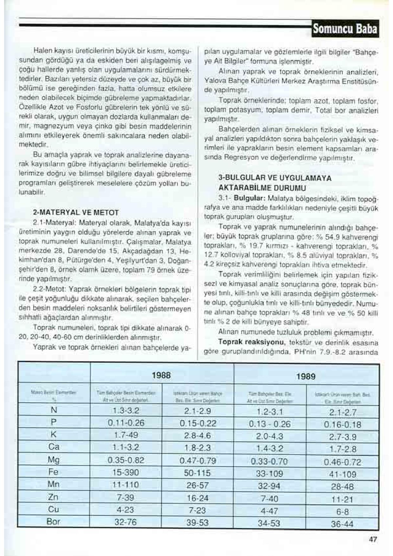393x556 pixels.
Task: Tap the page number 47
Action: coord(373,539)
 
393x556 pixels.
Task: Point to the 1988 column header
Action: coord(162,376)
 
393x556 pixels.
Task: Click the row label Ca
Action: coord(54,447)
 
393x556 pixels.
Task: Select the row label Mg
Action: coord(54,460)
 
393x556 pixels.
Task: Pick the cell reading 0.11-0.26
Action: coord(126,423)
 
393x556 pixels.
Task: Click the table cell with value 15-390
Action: coord(126,472)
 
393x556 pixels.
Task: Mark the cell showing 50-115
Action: coord(197,473)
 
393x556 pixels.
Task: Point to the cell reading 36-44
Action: coord(342,524)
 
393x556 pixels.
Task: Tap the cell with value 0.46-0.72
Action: coord(343,462)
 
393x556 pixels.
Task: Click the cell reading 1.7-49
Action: coord(126,435)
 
